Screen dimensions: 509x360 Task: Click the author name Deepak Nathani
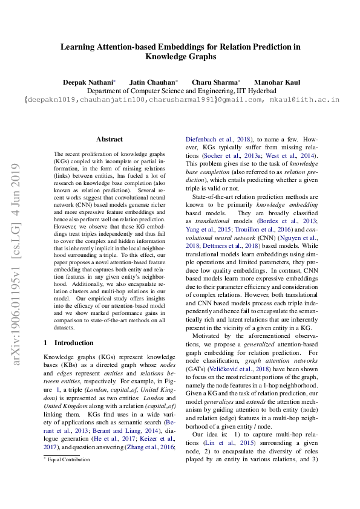[88, 82]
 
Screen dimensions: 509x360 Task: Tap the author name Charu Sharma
[215, 82]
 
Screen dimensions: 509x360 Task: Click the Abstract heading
[109, 138]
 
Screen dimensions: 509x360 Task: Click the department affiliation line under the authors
[180, 90]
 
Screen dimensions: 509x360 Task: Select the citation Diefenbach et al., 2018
[215, 138]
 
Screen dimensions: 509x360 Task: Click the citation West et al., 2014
[290, 155]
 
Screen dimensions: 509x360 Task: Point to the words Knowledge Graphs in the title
[180, 57]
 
